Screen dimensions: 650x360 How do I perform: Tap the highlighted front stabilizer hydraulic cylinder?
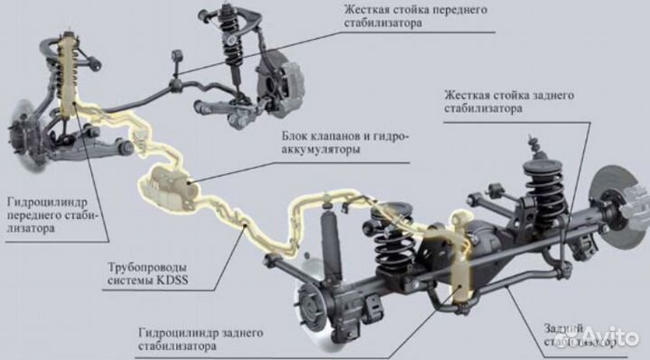69,72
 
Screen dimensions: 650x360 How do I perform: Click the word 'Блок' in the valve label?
299,136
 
